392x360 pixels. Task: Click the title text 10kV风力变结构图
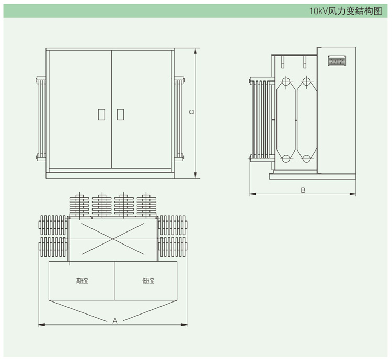[x=345, y=11]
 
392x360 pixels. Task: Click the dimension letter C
[x=192, y=112]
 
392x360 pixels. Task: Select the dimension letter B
[x=303, y=190]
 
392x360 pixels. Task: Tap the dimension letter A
[x=115, y=321]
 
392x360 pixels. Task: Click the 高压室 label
[x=82, y=281]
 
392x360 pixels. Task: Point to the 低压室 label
[x=148, y=281]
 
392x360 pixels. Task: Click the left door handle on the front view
[x=102, y=114]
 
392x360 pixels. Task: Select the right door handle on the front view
[x=121, y=114]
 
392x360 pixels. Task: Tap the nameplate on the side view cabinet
[x=336, y=61]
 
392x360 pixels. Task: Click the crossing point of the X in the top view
[x=112, y=239]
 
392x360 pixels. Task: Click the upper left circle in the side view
[x=285, y=82]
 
